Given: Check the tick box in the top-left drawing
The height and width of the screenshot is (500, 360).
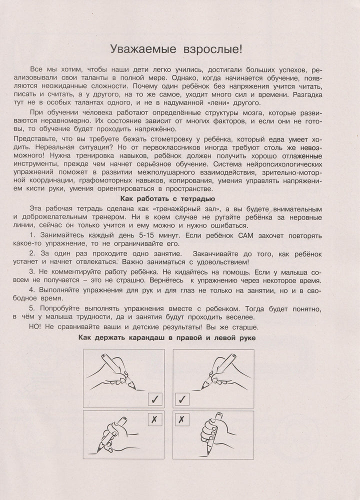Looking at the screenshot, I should coord(155,399).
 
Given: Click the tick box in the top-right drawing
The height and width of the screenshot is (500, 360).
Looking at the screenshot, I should coord(182,399).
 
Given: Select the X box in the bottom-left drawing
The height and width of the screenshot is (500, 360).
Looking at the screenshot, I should coord(155,419).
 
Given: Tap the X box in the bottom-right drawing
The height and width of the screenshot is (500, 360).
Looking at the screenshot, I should coord(182,419).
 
